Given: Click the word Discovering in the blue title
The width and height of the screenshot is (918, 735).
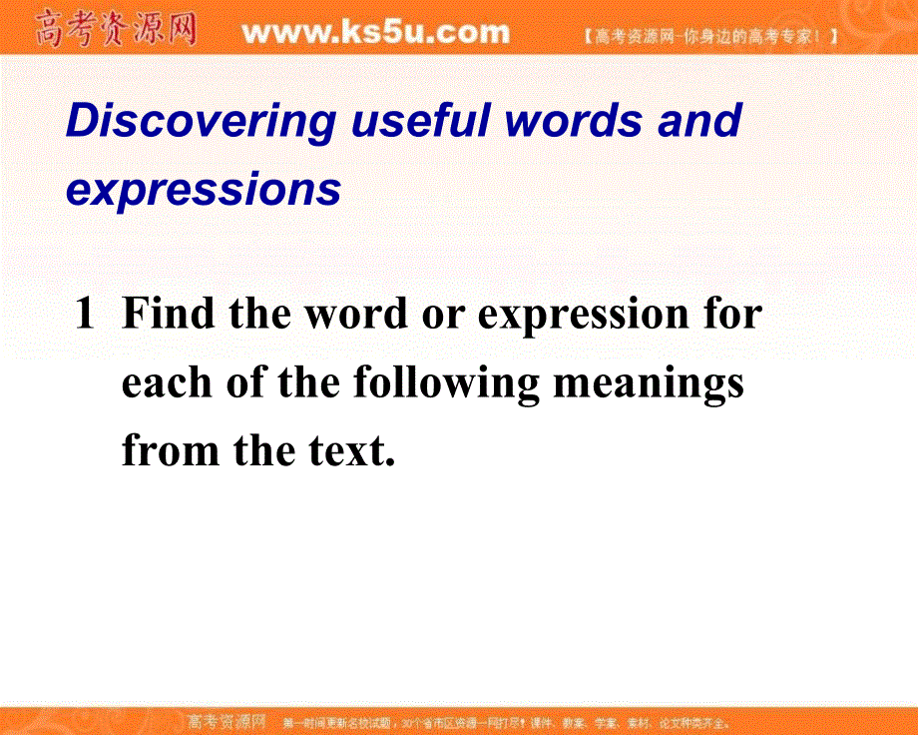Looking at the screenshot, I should [201, 122].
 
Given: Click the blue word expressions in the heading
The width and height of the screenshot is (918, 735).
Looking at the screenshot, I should [204, 190].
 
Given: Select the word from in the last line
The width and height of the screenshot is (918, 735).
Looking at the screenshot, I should [172, 451].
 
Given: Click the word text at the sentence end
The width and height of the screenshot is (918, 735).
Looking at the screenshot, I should [348, 451].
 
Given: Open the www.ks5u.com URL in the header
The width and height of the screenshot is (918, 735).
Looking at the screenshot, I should [375, 33].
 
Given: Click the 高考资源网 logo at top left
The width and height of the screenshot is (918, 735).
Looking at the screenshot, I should [115, 29].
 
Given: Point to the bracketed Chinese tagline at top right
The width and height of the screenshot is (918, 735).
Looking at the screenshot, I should [708, 37].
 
